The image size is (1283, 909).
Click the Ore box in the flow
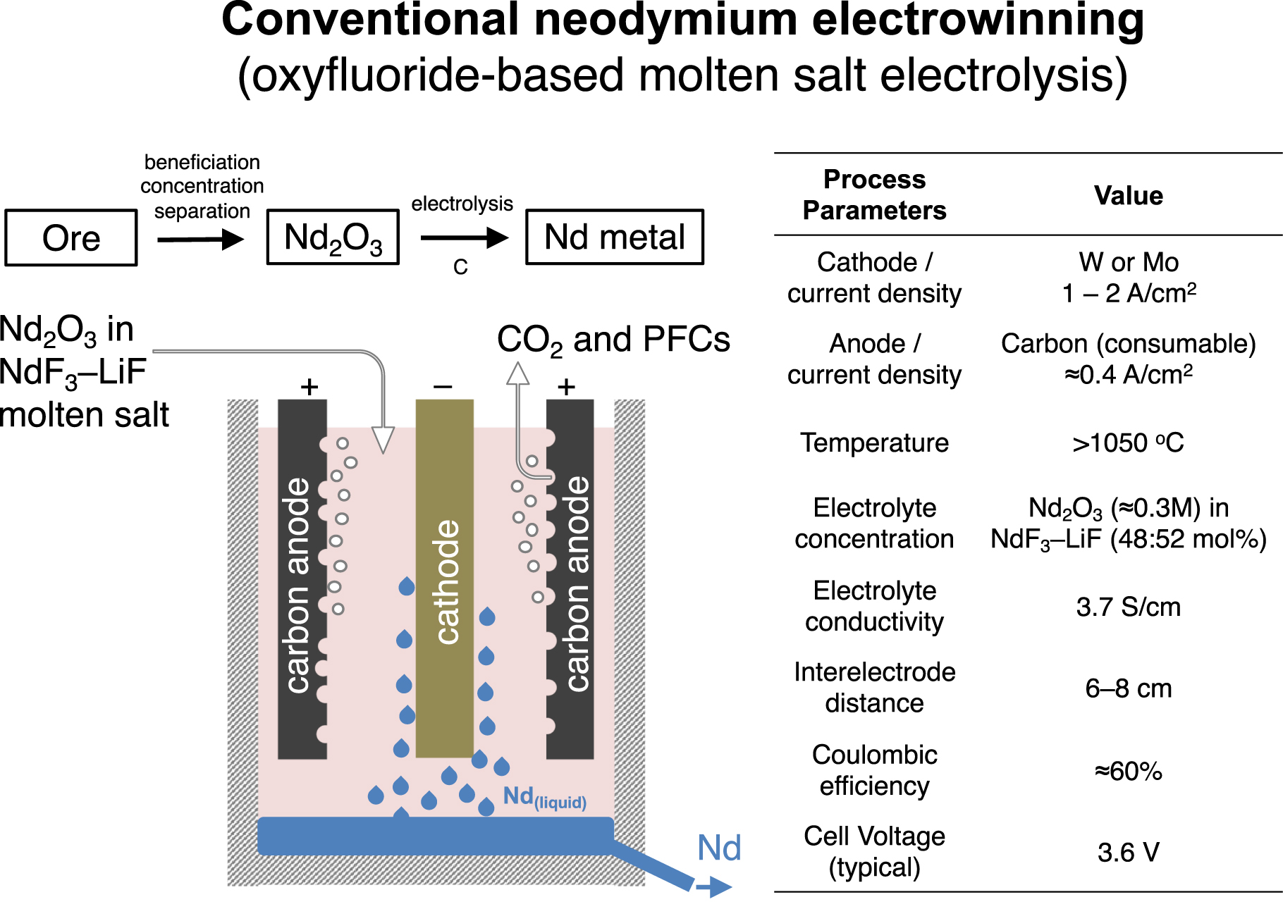point(71,237)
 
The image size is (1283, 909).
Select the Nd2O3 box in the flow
point(333,237)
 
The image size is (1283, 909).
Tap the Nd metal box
point(615,237)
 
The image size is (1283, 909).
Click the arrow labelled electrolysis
point(463,238)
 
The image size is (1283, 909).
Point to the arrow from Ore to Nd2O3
point(200,240)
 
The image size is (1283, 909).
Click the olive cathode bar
point(444,578)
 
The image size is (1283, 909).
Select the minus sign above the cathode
point(443,386)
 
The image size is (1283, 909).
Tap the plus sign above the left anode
point(309,386)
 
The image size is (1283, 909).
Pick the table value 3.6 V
point(1128,852)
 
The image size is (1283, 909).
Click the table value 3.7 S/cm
point(1128,607)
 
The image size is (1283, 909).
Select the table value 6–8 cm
point(1128,688)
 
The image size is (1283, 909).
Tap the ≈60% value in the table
point(1128,771)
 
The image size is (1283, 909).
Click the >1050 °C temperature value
point(1128,443)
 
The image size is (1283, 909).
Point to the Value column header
point(1128,195)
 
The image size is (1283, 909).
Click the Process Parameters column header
point(874,195)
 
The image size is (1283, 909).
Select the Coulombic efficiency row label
point(874,770)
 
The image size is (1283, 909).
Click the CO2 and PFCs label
point(613,340)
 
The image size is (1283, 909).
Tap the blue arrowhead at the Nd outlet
point(720,887)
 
